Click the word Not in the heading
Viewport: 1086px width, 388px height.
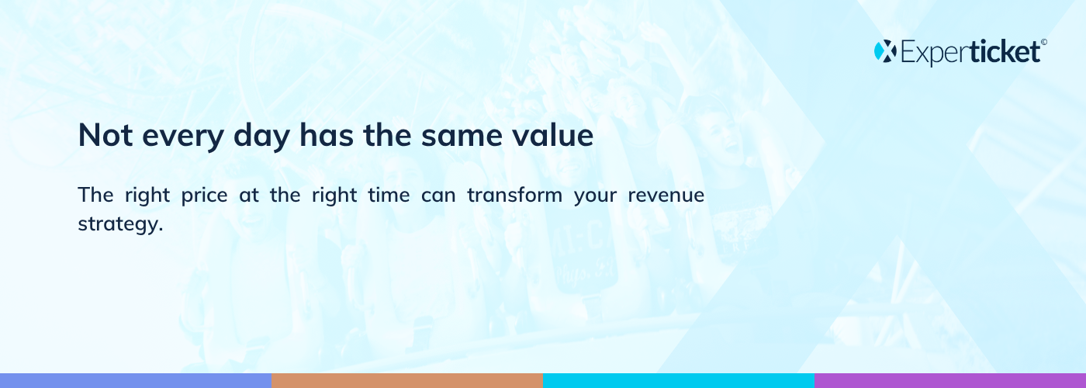point(105,135)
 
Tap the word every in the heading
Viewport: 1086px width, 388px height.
point(183,138)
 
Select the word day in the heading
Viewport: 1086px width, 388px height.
point(262,137)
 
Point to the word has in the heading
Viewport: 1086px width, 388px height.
point(327,134)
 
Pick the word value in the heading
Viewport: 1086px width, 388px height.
point(552,134)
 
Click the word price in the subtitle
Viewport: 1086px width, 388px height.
point(204,196)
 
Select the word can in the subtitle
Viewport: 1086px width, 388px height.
point(438,196)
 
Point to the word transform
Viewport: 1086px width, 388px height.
point(514,195)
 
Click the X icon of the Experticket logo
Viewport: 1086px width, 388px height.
point(885,51)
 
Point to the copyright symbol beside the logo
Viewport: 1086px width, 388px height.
point(1044,42)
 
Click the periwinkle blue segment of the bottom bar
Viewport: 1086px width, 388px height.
point(136,381)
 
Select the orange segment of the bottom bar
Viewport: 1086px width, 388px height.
point(407,381)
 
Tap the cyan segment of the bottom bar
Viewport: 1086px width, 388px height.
point(679,381)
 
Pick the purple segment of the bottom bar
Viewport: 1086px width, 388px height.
point(950,381)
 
